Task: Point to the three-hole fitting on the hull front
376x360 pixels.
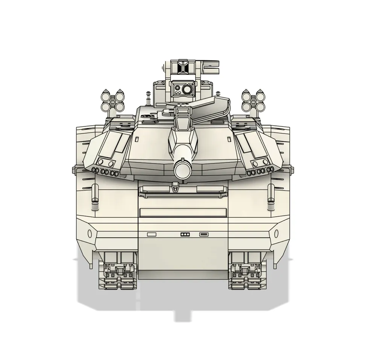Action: tap(184, 234)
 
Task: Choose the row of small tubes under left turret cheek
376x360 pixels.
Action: tap(106, 172)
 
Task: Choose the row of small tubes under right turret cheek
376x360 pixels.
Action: tap(259, 172)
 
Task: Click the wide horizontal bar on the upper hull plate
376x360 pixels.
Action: tap(183, 213)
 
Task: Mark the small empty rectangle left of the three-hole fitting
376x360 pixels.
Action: tap(151, 234)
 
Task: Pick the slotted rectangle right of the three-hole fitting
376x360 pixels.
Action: tap(203, 234)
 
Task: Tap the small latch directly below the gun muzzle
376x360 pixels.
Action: tap(174, 186)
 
